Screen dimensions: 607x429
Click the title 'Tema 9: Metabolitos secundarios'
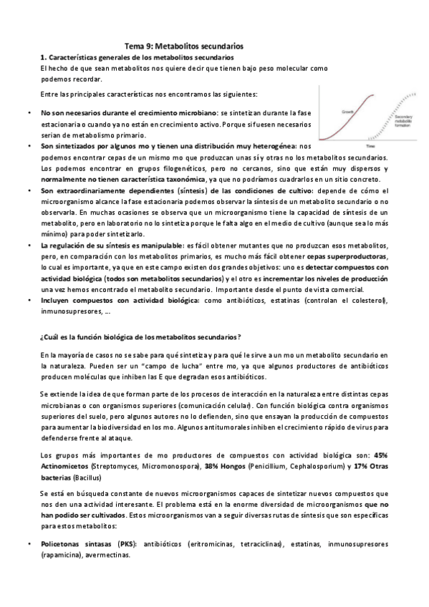point(184,44)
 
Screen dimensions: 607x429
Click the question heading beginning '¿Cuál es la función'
point(140,336)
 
